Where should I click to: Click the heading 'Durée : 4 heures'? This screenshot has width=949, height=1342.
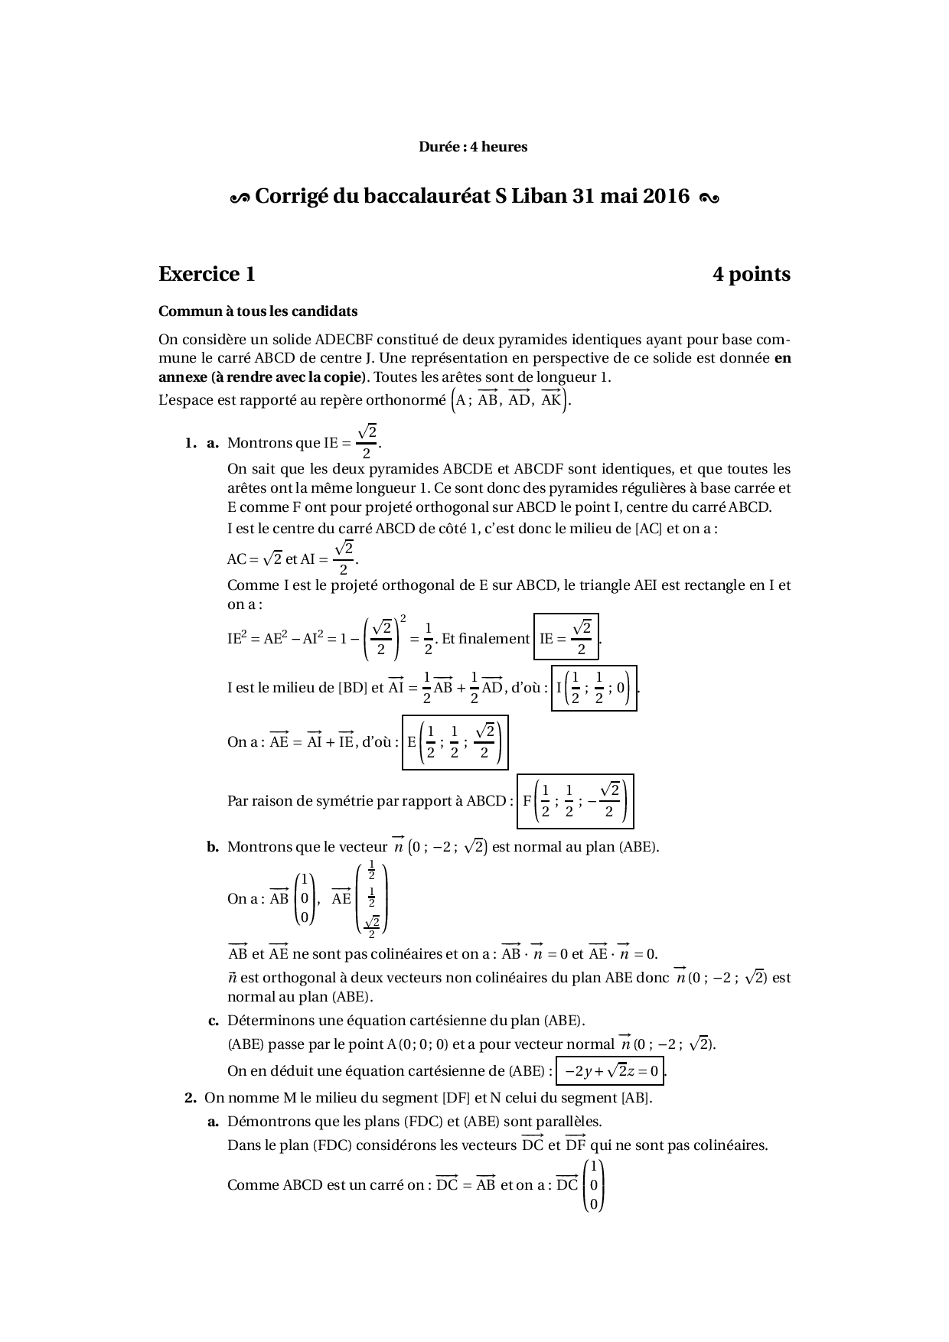[472, 147]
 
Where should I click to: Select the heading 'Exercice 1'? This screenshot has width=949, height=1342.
[207, 274]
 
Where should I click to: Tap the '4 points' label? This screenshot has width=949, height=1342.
[751, 274]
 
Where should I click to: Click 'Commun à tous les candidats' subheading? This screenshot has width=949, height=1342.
[257, 311]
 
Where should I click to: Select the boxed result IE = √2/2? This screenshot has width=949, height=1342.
[566, 637]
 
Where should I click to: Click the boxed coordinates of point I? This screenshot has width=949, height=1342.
[594, 688]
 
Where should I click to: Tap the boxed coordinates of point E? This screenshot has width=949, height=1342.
[455, 742]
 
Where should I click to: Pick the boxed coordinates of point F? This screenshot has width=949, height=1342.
[575, 801]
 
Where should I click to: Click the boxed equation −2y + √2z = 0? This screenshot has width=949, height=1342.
[611, 1071]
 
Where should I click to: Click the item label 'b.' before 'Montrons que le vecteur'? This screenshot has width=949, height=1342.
[213, 847]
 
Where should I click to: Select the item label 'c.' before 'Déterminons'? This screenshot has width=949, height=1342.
[214, 1021]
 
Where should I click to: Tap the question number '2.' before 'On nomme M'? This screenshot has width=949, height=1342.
[191, 1098]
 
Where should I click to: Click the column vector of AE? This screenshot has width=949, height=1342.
[372, 899]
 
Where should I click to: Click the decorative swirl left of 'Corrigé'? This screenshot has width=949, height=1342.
[240, 198]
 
